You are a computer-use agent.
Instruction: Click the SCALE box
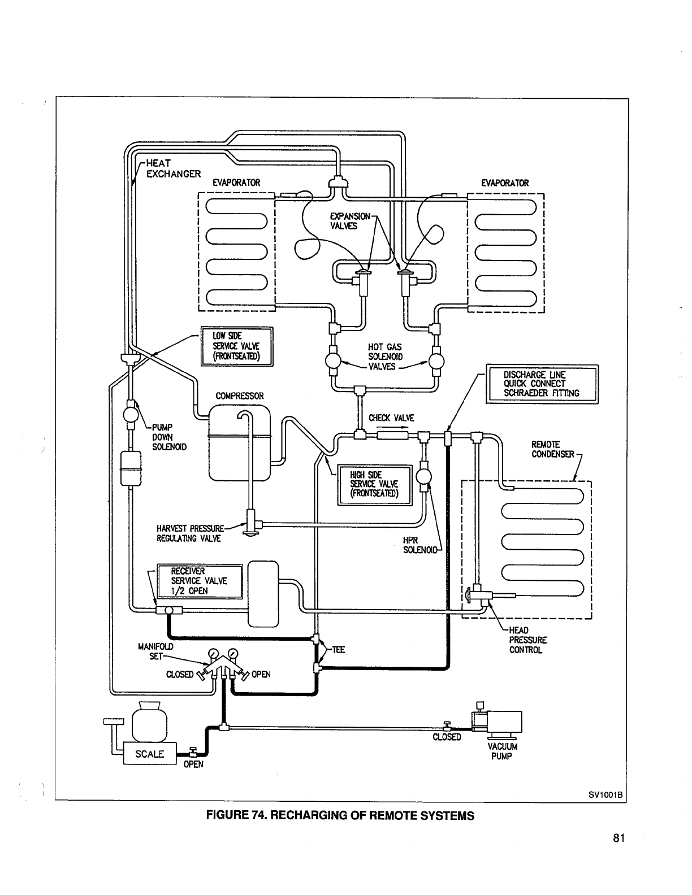tap(150, 753)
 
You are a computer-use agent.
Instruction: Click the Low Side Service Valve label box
tap(237, 346)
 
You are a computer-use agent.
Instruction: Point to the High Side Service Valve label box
tap(375, 485)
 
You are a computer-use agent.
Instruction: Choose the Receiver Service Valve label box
tap(200, 581)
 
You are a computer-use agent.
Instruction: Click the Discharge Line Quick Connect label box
tap(542, 384)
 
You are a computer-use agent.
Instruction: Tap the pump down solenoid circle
tap(131, 414)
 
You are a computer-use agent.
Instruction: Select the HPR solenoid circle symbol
tap(424, 477)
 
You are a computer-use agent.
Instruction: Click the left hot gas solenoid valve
tap(333, 361)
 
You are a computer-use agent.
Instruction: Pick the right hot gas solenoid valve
tap(436, 361)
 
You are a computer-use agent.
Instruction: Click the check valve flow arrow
tap(392, 428)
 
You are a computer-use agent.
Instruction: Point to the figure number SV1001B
tap(605, 795)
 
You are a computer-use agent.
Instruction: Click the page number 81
tap(619, 838)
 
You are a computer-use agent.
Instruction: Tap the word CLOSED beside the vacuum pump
tap(447, 737)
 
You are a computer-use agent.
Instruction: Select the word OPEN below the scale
tap(193, 764)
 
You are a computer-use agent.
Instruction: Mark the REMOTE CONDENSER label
tap(552, 449)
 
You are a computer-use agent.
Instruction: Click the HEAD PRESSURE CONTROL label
tap(527, 640)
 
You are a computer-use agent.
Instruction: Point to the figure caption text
tap(340, 816)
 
